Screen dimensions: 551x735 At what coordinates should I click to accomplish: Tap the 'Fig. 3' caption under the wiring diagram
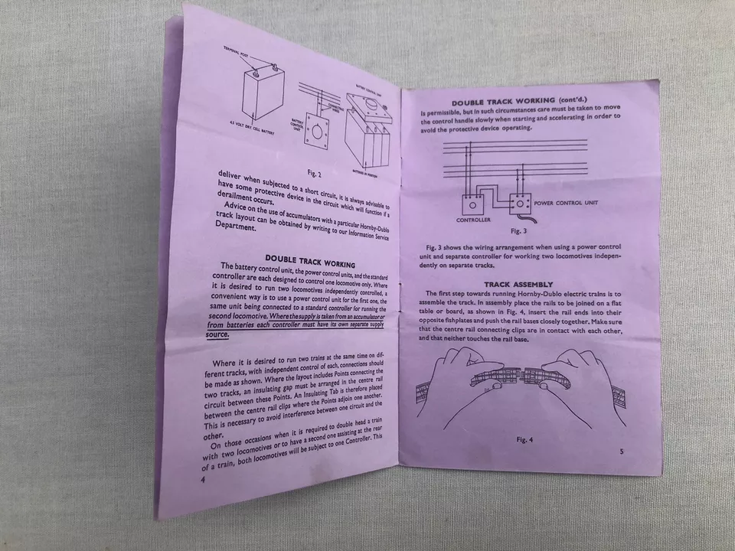point(518,230)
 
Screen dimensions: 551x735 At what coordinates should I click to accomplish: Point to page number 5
point(621,452)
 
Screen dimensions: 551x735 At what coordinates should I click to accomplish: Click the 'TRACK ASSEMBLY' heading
point(523,284)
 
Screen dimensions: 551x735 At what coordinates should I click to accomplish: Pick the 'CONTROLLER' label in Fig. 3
point(473,220)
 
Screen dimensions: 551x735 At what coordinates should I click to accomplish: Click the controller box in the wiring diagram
point(472,204)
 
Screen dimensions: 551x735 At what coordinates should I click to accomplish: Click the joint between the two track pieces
point(520,376)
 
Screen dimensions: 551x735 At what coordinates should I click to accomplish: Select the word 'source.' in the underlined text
point(218,334)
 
